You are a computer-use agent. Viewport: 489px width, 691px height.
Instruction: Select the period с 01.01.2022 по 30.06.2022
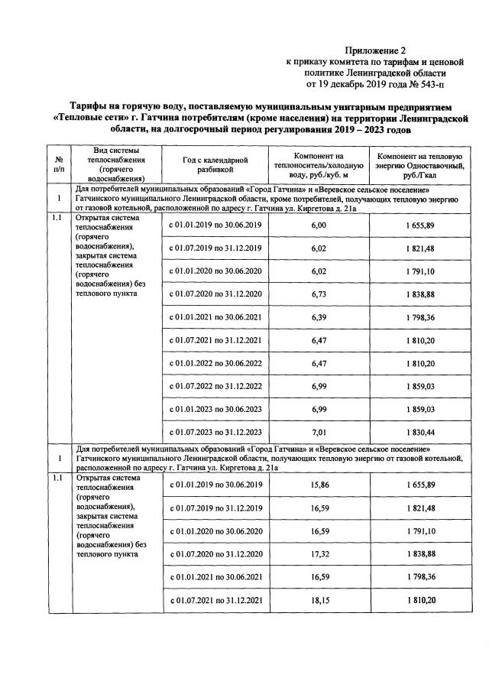(216, 363)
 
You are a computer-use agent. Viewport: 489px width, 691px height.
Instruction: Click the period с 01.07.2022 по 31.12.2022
(216, 386)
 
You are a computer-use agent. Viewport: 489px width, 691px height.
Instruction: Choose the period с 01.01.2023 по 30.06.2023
(216, 410)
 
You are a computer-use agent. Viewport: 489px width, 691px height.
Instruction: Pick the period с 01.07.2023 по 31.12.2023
(216, 433)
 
